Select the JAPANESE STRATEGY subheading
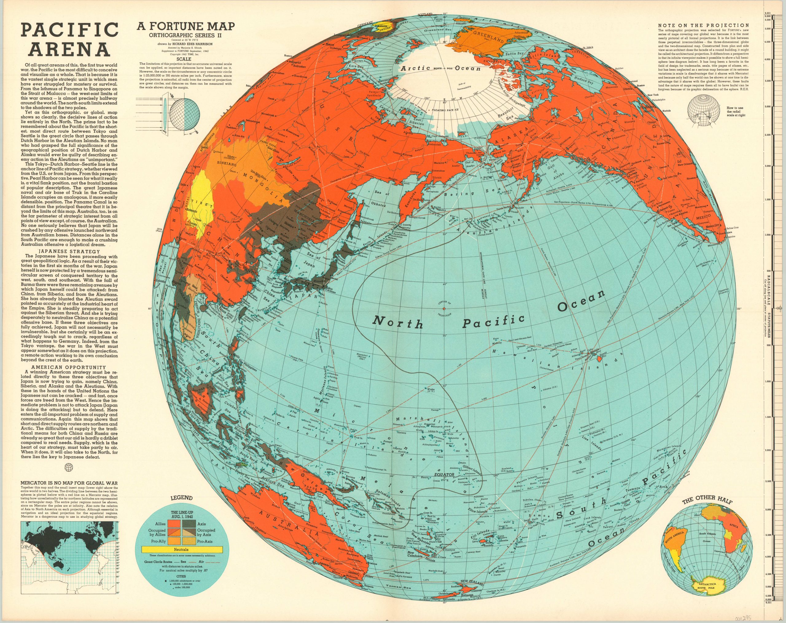coord(69,251)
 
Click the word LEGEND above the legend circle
coord(181,498)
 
